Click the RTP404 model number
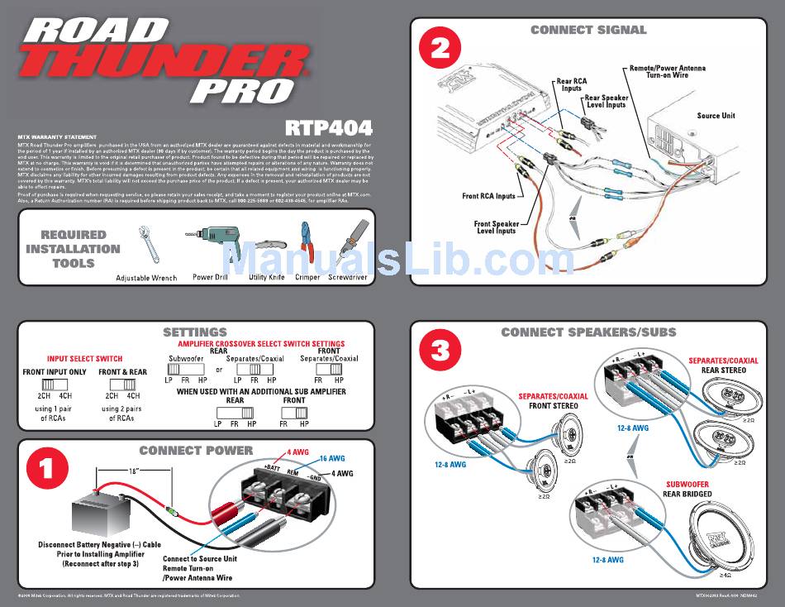329,127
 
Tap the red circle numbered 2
440,49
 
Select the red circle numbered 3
440,351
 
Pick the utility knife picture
266,247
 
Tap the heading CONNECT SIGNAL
588,30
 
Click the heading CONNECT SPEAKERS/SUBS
588,332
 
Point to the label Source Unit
716,116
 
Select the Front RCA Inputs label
488,196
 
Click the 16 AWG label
331,458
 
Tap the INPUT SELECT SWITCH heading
84,359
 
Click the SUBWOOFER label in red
687,485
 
